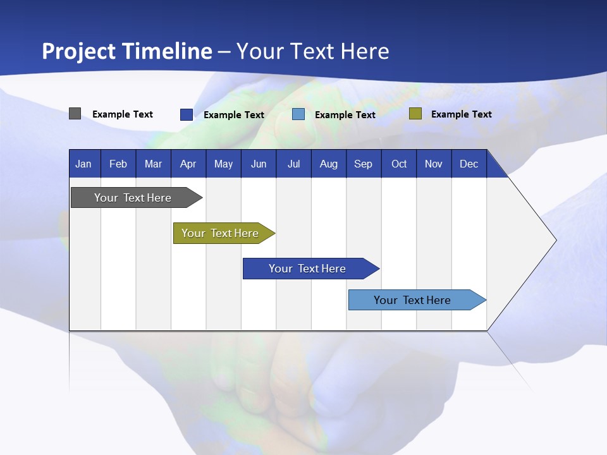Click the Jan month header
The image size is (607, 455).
84,164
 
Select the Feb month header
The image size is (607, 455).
118,164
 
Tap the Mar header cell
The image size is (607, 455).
153,164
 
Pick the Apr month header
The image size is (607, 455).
188,164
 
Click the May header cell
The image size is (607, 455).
223,164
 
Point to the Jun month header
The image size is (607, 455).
259,164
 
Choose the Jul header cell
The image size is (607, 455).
293,164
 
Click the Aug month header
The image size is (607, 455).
329,164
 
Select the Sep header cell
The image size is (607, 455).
364,164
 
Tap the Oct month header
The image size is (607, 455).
399,164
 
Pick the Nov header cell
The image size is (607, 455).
434,164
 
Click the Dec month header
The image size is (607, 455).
469,164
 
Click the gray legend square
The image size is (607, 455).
75,114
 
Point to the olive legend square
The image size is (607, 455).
415,114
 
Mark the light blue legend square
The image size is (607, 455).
298,114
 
